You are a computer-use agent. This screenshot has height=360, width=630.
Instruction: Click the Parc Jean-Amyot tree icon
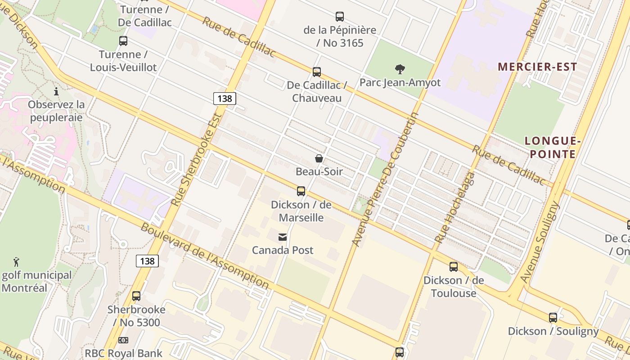tap(400, 69)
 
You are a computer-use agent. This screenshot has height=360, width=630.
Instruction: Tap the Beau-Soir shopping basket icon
tap(319, 158)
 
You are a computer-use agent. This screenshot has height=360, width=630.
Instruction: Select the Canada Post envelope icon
tap(283, 237)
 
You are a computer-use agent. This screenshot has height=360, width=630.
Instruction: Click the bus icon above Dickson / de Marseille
tap(301, 191)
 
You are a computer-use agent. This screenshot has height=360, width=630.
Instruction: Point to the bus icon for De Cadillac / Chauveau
tap(317, 72)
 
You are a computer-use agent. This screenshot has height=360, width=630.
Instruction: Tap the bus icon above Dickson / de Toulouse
tap(454, 267)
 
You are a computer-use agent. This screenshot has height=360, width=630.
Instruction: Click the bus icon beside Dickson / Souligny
tap(553, 318)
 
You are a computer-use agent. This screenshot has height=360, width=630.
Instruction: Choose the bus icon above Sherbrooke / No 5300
tap(136, 296)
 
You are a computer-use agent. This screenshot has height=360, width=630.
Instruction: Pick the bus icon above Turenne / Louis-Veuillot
tap(123, 41)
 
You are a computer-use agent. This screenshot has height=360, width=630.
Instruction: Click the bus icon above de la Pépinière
tap(340, 17)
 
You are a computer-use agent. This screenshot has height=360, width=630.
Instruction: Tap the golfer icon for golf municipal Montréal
tap(17, 261)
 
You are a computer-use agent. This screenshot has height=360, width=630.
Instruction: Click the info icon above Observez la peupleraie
tap(56, 92)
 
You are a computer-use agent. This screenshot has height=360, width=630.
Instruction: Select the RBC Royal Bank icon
tap(123, 340)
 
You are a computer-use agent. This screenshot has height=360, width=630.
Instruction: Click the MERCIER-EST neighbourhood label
tap(537, 67)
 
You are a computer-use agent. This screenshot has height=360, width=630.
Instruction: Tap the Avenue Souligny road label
tap(540, 242)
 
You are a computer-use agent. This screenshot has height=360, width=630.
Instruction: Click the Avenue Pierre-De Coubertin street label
tap(385, 179)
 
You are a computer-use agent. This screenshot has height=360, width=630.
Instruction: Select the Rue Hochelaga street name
tap(455, 207)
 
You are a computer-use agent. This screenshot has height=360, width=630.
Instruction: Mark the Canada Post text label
tap(283, 250)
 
